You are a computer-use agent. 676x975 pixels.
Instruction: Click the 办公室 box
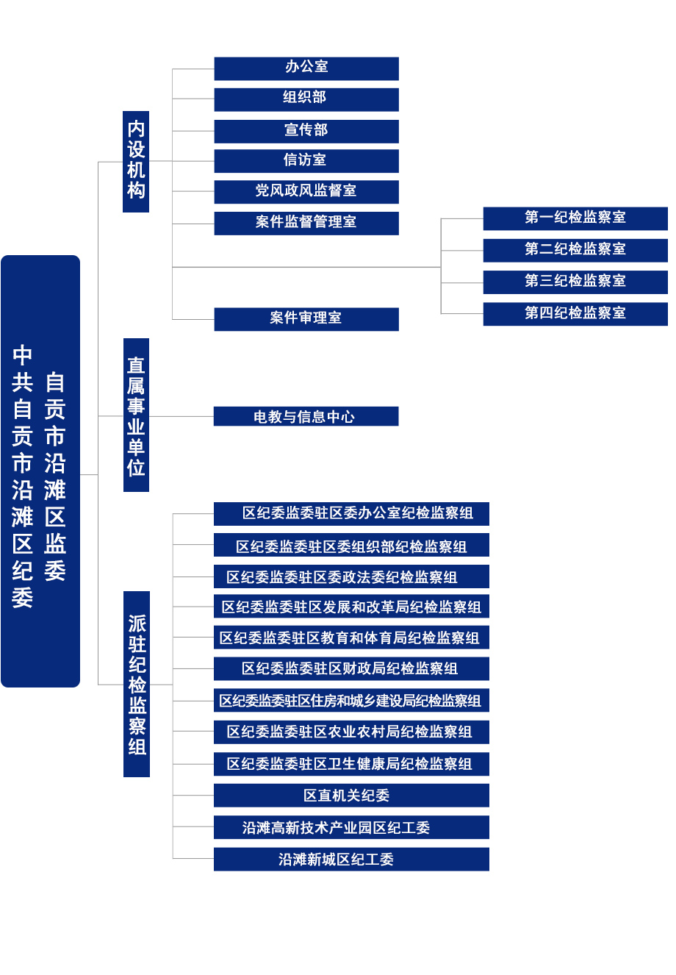[306, 69]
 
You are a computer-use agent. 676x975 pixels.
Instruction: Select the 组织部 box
[306, 100]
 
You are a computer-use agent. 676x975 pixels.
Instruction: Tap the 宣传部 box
[306, 132]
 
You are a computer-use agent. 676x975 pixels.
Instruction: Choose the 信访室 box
[306, 161]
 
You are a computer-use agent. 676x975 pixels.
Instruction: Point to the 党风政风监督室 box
[306, 192]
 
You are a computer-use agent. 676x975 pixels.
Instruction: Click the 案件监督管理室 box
[306, 224]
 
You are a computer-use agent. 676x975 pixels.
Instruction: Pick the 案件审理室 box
[306, 320]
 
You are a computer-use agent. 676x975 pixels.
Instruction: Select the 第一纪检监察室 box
[575, 218]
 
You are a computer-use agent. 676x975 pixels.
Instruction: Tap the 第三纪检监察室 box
[575, 282]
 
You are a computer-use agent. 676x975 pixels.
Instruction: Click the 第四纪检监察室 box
[575, 314]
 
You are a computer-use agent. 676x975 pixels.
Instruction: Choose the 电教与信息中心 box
[306, 416]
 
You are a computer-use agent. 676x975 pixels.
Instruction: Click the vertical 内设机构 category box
[136, 162]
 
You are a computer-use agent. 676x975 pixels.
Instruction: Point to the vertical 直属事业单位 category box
[136, 415]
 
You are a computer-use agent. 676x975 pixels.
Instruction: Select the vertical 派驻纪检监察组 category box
[137, 685]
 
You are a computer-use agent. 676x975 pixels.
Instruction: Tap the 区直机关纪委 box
[351, 796]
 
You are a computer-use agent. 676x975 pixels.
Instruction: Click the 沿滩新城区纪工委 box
[351, 860]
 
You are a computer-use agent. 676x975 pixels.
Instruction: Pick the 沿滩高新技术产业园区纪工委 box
[351, 827]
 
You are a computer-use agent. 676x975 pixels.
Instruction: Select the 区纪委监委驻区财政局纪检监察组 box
[351, 668]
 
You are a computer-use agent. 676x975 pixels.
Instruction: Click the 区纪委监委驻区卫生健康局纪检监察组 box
[351, 764]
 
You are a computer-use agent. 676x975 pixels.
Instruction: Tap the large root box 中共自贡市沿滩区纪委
[40, 471]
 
